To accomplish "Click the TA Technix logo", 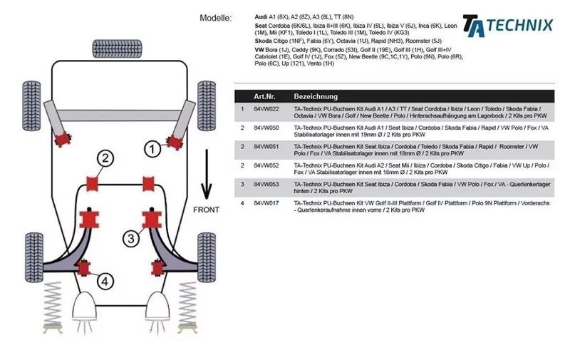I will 507,25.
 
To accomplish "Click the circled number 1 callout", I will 152,148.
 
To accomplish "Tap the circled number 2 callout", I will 105,158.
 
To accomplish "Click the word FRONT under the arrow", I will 207,210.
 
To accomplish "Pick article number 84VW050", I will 266,128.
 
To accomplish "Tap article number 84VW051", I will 266,146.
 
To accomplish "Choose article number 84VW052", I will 266,165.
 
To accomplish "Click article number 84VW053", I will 266,184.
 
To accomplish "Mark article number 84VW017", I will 266,202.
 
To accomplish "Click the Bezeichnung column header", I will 316,96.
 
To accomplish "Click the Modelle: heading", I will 216,18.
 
